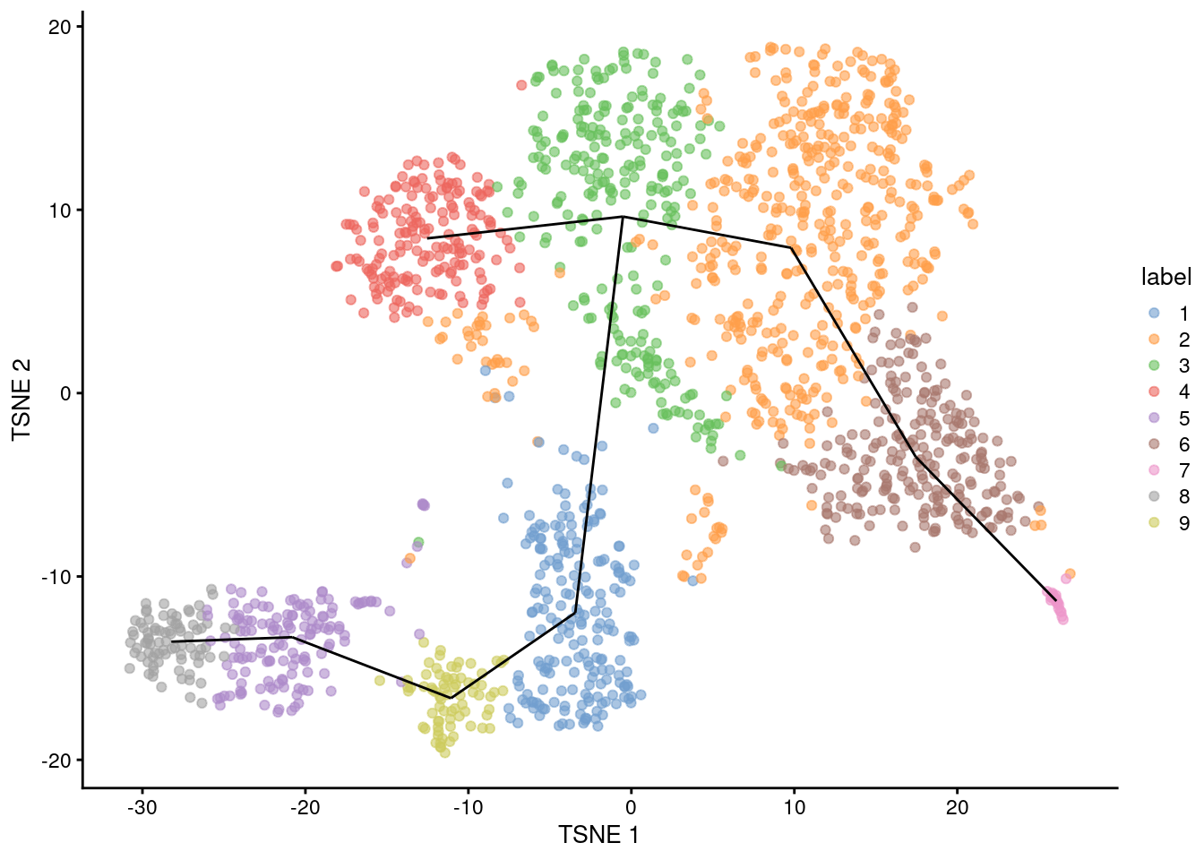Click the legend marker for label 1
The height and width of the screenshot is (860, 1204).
[x=1154, y=314]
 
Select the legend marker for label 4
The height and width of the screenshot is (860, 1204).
[x=1154, y=391]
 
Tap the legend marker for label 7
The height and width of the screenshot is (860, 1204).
[x=1154, y=469]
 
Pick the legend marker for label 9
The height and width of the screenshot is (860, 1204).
[x=1154, y=521]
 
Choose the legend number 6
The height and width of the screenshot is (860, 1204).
[x=1184, y=444]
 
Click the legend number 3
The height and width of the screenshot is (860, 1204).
[x=1184, y=365]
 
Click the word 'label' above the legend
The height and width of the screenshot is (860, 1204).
[x=1165, y=278]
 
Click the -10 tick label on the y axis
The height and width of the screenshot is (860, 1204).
[x=56, y=577]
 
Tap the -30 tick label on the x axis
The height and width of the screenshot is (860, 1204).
[x=142, y=807]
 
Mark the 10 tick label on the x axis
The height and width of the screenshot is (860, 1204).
[x=794, y=807]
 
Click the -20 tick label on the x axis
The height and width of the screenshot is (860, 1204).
[x=305, y=807]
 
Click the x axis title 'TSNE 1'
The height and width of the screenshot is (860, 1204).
[x=598, y=836]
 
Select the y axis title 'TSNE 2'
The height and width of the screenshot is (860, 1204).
[x=21, y=400]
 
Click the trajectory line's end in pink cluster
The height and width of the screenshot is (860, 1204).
[x=1055, y=599]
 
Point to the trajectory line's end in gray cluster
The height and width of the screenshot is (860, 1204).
[x=171, y=641]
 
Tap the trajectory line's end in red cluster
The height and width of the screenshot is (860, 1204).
[x=427, y=238]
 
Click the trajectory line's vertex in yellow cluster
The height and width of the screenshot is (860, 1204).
[x=450, y=697]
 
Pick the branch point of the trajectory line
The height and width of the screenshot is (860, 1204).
[x=623, y=217]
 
